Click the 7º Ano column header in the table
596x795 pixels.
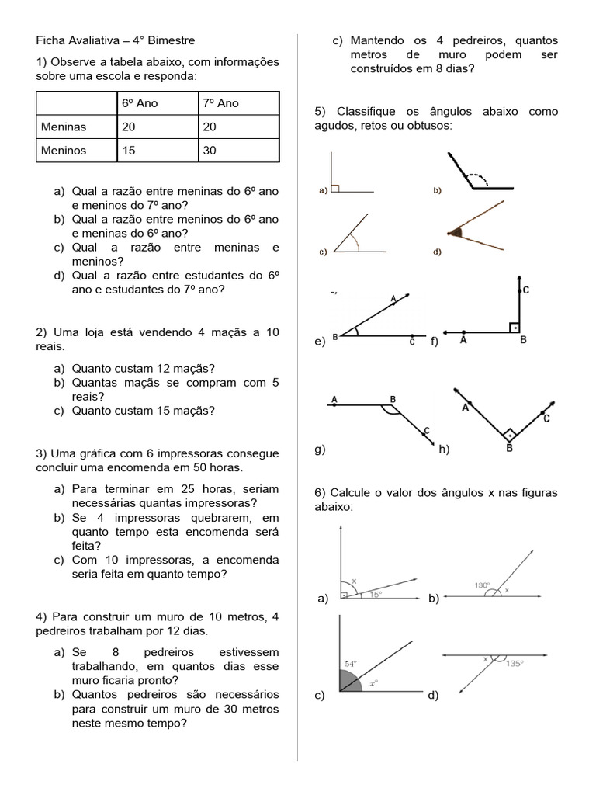tap(221, 103)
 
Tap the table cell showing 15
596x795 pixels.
tap(129, 151)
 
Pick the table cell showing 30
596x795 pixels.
tap(210, 151)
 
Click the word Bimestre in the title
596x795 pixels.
tap(170, 40)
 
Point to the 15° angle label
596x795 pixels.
tap(376, 594)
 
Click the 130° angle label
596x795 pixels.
tap(483, 585)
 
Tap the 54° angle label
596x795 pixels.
tap(350, 665)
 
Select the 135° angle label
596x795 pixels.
tap(515, 664)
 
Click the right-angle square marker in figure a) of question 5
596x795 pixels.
tap(335, 187)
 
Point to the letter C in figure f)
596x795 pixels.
tap(525, 290)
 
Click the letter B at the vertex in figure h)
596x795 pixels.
tap(509, 448)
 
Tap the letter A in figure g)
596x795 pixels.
tap(334, 399)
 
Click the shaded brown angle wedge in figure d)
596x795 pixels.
tap(456, 231)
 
